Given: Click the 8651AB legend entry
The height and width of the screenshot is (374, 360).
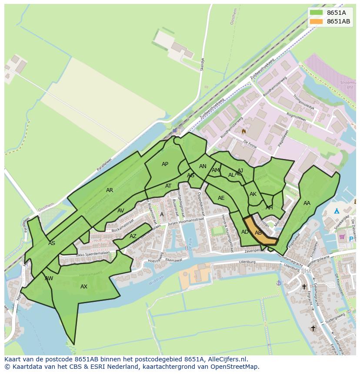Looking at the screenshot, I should [338, 21].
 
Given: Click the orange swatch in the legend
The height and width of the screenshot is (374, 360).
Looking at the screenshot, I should [316, 21].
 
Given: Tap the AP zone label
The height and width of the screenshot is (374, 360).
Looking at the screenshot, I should [165, 164].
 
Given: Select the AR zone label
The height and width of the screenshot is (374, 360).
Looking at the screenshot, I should [110, 190].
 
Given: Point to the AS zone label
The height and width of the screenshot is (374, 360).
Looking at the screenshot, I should [52, 243].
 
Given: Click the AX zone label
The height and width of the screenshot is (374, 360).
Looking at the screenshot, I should [84, 287].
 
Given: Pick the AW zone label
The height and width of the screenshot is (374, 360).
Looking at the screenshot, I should [49, 278].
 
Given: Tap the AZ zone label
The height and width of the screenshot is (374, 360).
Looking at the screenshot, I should [133, 236].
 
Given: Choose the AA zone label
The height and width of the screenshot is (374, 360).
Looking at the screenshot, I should [307, 203].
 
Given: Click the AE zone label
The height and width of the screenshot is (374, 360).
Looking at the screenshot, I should [221, 198].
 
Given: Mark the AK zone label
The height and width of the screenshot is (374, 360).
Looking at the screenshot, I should [253, 194].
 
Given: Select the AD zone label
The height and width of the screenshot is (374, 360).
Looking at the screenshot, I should [245, 232].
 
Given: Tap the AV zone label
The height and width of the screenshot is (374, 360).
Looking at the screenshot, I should [121, 211].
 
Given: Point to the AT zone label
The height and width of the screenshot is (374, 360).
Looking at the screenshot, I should [168, 186].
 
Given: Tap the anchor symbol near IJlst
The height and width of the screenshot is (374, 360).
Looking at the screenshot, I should [279, 283].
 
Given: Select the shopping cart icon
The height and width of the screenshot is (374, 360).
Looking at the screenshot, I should [342, 237].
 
